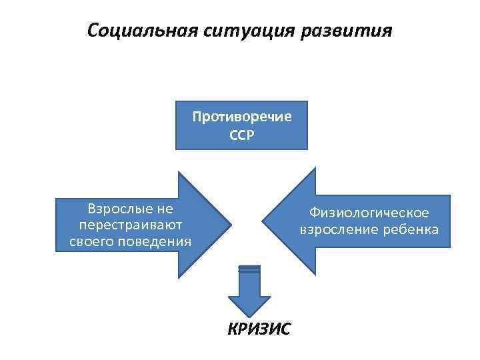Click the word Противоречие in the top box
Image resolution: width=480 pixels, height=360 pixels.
pyautogui.click(x=242, y=117)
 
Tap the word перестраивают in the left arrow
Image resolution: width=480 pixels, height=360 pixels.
pyautogui.click(x=131, y=225)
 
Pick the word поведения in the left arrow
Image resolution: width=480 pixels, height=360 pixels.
pyautogui.click(x=157, y=241)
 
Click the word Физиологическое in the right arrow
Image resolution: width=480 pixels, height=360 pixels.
pyautogui.click(x=369, y=213)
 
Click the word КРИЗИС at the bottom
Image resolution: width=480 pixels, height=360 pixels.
pyautogui.click(x=259, y=329)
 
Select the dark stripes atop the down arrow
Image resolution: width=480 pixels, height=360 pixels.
pyautogui.click(x=249, y=269)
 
